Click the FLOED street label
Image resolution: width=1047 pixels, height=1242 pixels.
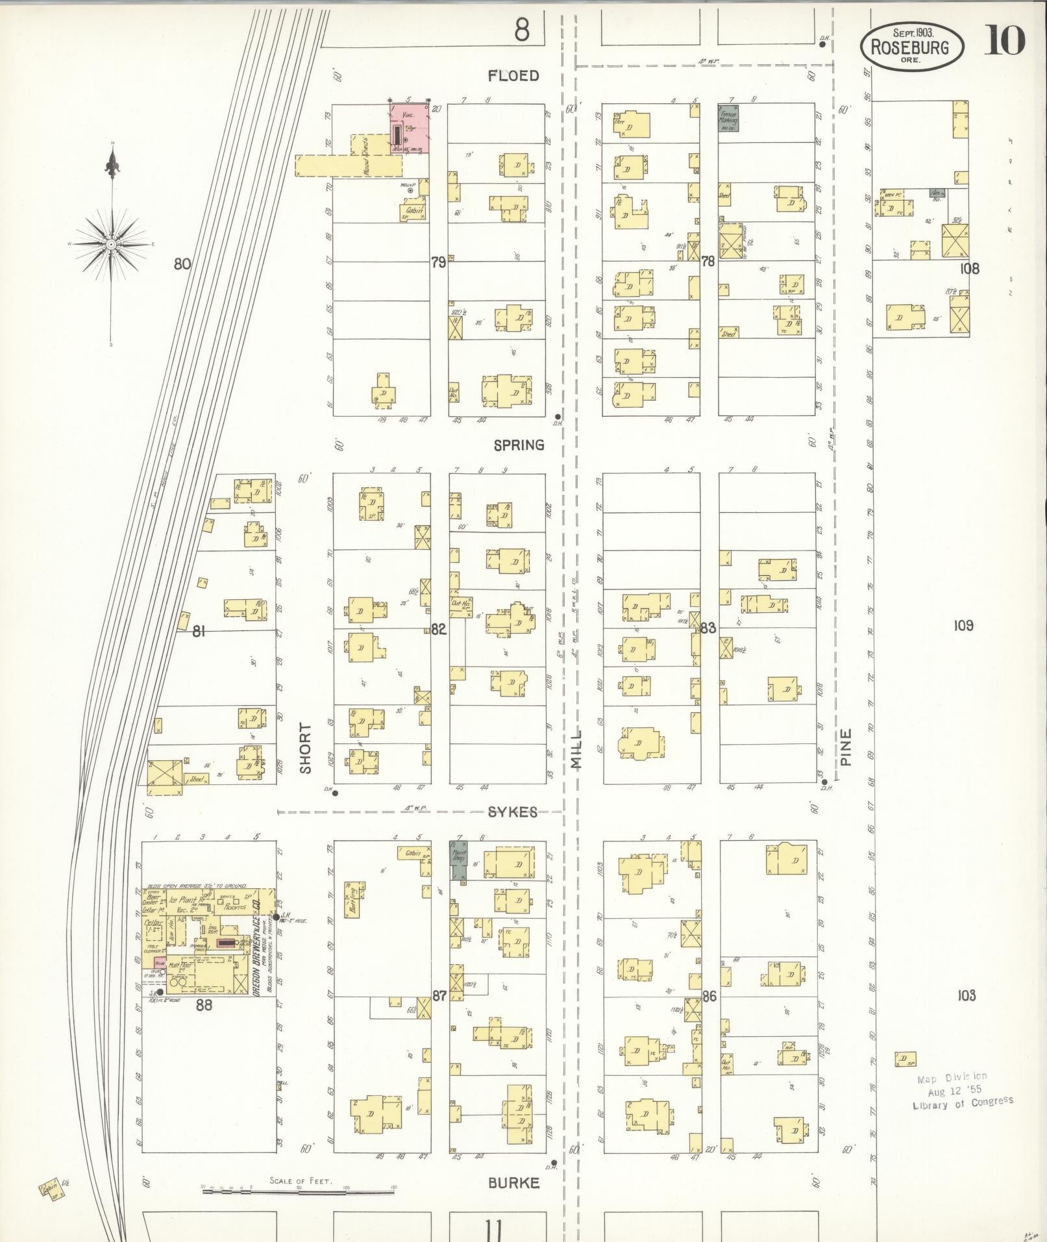[513, 76]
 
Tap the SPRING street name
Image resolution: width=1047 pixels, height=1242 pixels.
[519, 445]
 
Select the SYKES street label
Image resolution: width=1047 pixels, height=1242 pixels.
[512, 812]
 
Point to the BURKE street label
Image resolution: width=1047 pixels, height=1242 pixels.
[513, 1183]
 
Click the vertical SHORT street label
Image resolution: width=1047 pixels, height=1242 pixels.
[306, 749]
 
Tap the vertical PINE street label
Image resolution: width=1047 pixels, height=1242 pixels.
[844, 746]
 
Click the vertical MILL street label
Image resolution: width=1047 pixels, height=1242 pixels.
[576, 749]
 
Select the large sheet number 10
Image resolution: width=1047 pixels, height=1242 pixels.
[1004, 41]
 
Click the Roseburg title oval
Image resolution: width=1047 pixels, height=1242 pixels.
[912, 47]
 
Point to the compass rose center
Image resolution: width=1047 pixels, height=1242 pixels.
[112, 244]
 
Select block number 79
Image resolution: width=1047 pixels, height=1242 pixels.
[438, 263]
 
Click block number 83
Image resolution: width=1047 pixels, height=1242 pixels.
[708, 628]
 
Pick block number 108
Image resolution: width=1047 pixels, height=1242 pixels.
[969, 268]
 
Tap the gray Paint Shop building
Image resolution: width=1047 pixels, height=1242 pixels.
[459, 861]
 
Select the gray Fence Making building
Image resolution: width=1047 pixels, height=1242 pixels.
[727, 119]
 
